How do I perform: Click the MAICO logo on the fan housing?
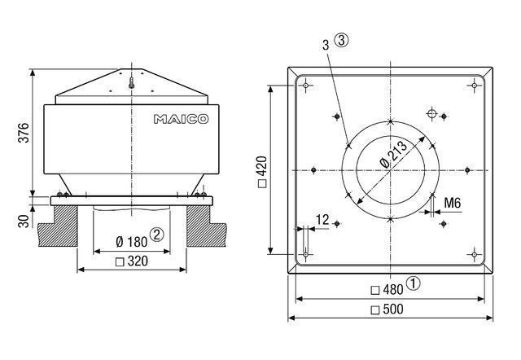click(x=180, y=119)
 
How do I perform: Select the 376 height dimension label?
click(x=23, y=133)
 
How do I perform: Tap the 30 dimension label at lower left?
click(x=23, y=219)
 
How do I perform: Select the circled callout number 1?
click(x=414, y=285)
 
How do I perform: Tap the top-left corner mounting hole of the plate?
click(x=305, y=85)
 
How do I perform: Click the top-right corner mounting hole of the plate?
click(x=475, y=85)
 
